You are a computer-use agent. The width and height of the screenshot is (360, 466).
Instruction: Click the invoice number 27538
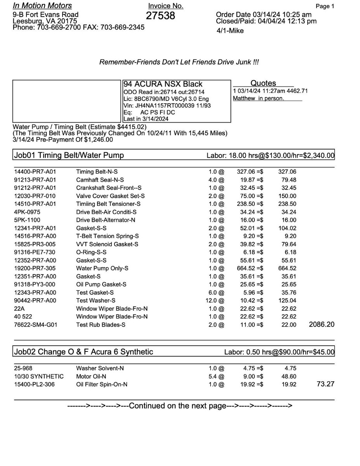pyautogui.click(x=160, y=16)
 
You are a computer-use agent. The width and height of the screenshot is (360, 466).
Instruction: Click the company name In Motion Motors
pyautogui.click(x=42, y=5)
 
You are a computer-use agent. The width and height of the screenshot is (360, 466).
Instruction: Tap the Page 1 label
pyautogui.click(x=325, y=6)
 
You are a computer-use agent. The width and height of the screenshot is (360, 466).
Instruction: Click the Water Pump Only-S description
pyautogui.click(x=102, y=268)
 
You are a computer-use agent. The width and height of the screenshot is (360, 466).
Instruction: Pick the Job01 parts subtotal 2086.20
pyautogui.click(x=321, y=324)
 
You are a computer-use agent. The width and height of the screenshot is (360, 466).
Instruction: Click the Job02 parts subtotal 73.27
pyautogui.click(x=325, y=384)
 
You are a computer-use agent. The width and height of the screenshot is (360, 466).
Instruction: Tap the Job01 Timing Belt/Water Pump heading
pyautogui.click(x=69, y=155)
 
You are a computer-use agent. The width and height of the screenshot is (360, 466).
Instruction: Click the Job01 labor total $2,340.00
pyautogui.click(x=315, y=156)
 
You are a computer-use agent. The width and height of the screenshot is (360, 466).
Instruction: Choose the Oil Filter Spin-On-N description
pyautogui.click(x=102, y=384)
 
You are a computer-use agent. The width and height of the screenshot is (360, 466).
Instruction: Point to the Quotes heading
pyautogui.click(x=263, y=83)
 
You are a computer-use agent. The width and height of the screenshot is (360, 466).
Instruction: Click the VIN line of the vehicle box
pyautogui.click(x=167, y=106)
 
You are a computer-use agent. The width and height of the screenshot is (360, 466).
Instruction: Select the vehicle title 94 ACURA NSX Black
pyautogui.click(x=163, y=84)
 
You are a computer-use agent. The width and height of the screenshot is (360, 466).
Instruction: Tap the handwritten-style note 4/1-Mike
pyautogui.click(x=230, y=31)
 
